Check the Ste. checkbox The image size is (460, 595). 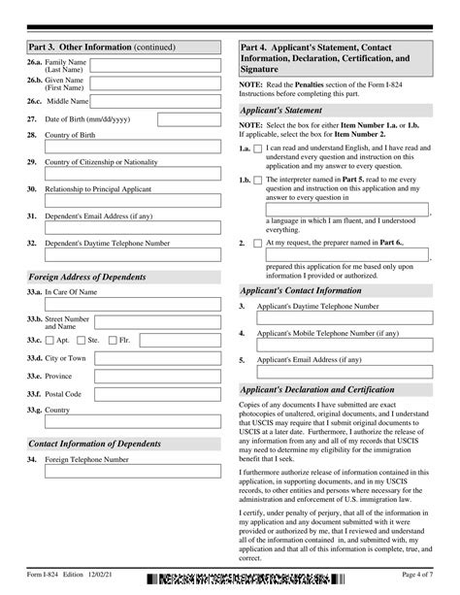82,341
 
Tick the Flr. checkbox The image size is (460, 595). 113,341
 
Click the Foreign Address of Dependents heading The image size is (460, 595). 87,277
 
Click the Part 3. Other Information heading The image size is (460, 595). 82,45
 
